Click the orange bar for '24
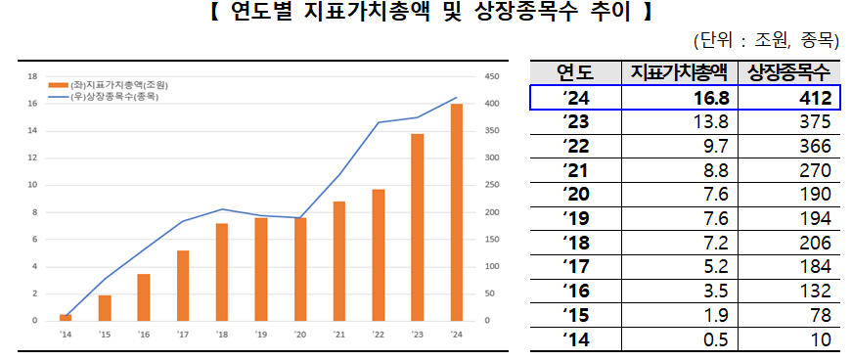pos(456,212)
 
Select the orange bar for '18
pos(222,272)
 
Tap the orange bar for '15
pos(105,307)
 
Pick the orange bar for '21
pos(339,261)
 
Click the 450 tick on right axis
pos(491,76)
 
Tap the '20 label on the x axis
pos(299,334)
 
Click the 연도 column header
pos(575,72)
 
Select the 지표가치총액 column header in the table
pos(679,72)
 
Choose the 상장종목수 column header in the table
pos(787,72)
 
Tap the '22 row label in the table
pos(574,146)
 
